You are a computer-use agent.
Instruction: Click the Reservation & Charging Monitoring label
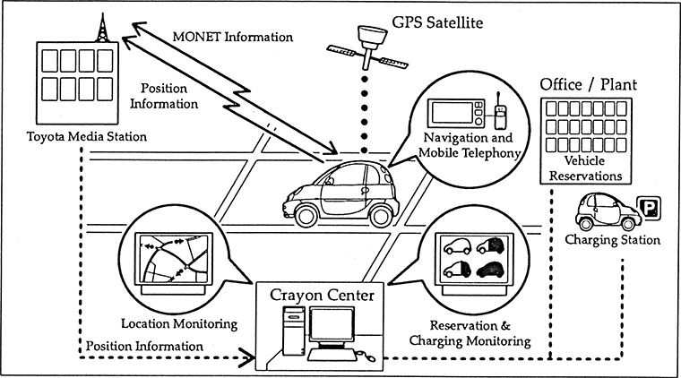(x=470, y=333)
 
